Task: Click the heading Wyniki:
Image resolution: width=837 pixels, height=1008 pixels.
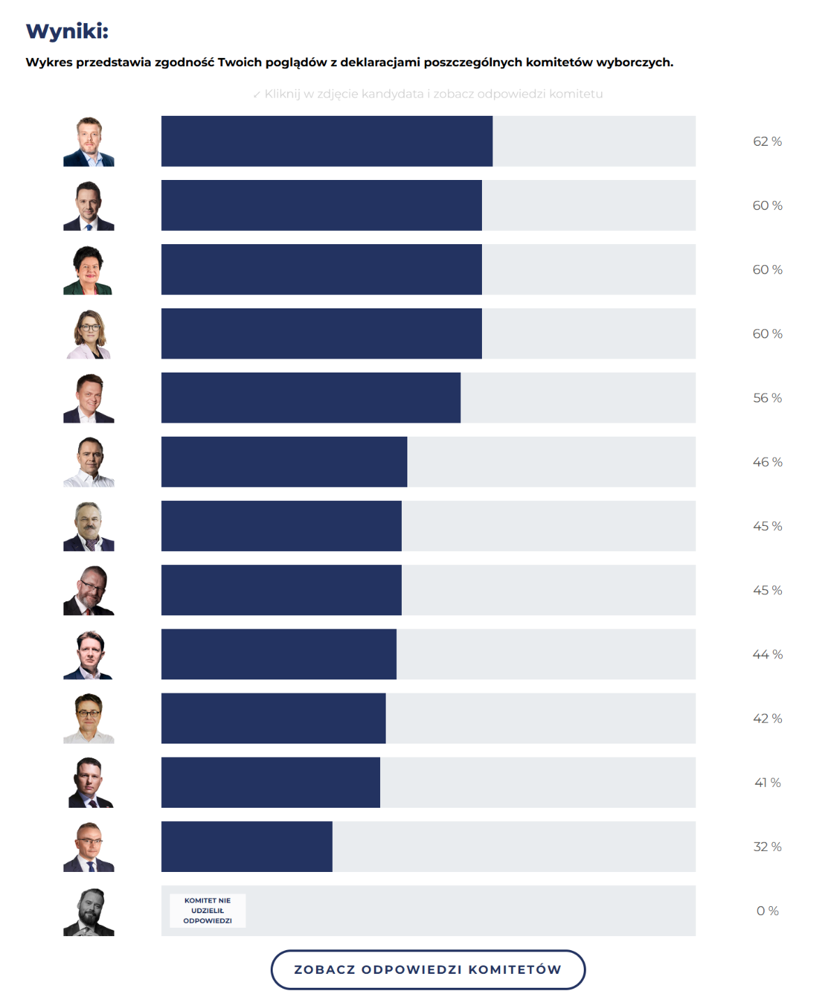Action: click(67, 31)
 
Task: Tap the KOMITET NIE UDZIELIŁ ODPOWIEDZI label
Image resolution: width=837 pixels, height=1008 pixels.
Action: click(207, 910)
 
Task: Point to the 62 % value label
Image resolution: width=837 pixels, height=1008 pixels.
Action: click(767, 142)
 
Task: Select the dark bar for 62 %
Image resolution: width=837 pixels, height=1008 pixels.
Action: click(326, 141)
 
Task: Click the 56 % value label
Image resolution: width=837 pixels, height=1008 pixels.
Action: click(767, 398)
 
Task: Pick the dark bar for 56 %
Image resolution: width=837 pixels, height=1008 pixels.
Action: click(310, 398)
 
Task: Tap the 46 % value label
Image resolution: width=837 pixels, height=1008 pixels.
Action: click(767, 462)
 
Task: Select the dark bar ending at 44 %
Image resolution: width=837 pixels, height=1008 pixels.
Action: click(278, 654)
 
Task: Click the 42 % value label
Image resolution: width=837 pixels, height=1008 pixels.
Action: click(767, 719)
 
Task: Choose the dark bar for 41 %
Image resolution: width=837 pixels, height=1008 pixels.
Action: click(271, 783)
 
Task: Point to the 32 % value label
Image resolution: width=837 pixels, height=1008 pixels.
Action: click(767, 847)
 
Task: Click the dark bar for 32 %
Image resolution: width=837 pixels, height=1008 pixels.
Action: click(246, 847)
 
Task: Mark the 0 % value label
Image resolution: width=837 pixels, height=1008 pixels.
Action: click(767, 911)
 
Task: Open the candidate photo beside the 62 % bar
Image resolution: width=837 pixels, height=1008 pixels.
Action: click(89, 142)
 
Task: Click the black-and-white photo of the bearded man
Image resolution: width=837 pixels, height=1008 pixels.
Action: click(89, 912)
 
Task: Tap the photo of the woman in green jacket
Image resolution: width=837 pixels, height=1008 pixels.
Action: click(89, 270)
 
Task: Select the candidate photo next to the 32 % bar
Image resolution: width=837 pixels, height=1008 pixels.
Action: click(89, 847)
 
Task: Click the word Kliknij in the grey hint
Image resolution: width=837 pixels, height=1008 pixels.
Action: click(281, 94)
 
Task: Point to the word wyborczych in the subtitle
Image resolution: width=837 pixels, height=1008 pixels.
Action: click(634, 62)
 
